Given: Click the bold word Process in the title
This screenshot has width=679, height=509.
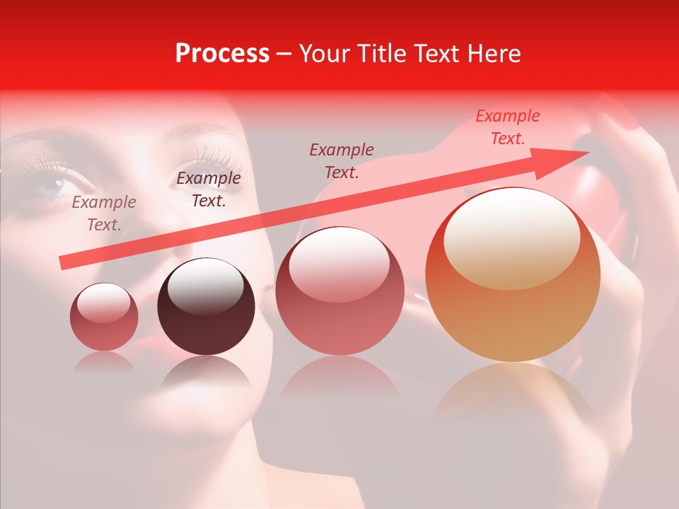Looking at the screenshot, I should (x=222, y=54).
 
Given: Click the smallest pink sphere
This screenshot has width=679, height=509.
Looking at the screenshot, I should (x=104, y=317).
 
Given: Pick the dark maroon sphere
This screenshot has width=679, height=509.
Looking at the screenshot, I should (x=206, y=306).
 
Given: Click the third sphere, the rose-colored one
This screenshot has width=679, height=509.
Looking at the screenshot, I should (x=339, y=291).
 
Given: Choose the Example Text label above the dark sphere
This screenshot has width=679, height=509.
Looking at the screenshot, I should (x=208, y=189).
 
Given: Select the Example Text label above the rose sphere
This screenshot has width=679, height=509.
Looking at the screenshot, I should (x=342, y=161).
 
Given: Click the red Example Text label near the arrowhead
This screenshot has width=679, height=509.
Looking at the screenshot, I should (x=507, y=127).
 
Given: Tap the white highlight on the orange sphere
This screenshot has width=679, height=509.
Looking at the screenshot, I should (x=511, y=238).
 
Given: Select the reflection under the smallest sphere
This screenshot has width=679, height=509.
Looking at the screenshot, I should (x=104, y=363).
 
